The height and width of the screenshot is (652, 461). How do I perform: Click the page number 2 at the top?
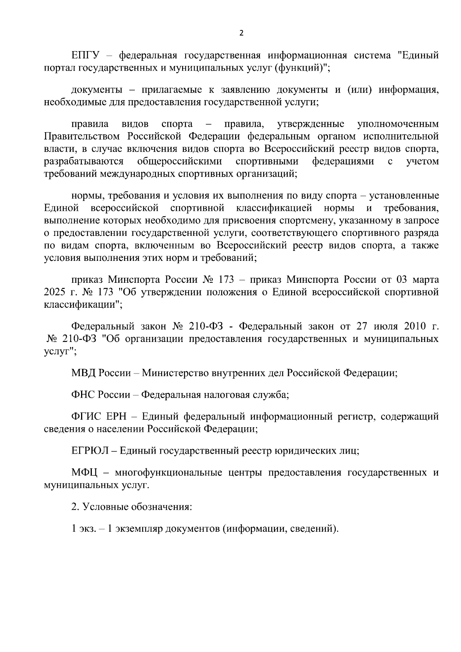[241, 33]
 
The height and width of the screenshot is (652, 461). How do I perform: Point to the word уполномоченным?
[398, 124]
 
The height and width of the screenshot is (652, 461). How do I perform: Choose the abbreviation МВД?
[84, 373]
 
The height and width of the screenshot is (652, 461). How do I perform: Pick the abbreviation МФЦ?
[85, 473]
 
